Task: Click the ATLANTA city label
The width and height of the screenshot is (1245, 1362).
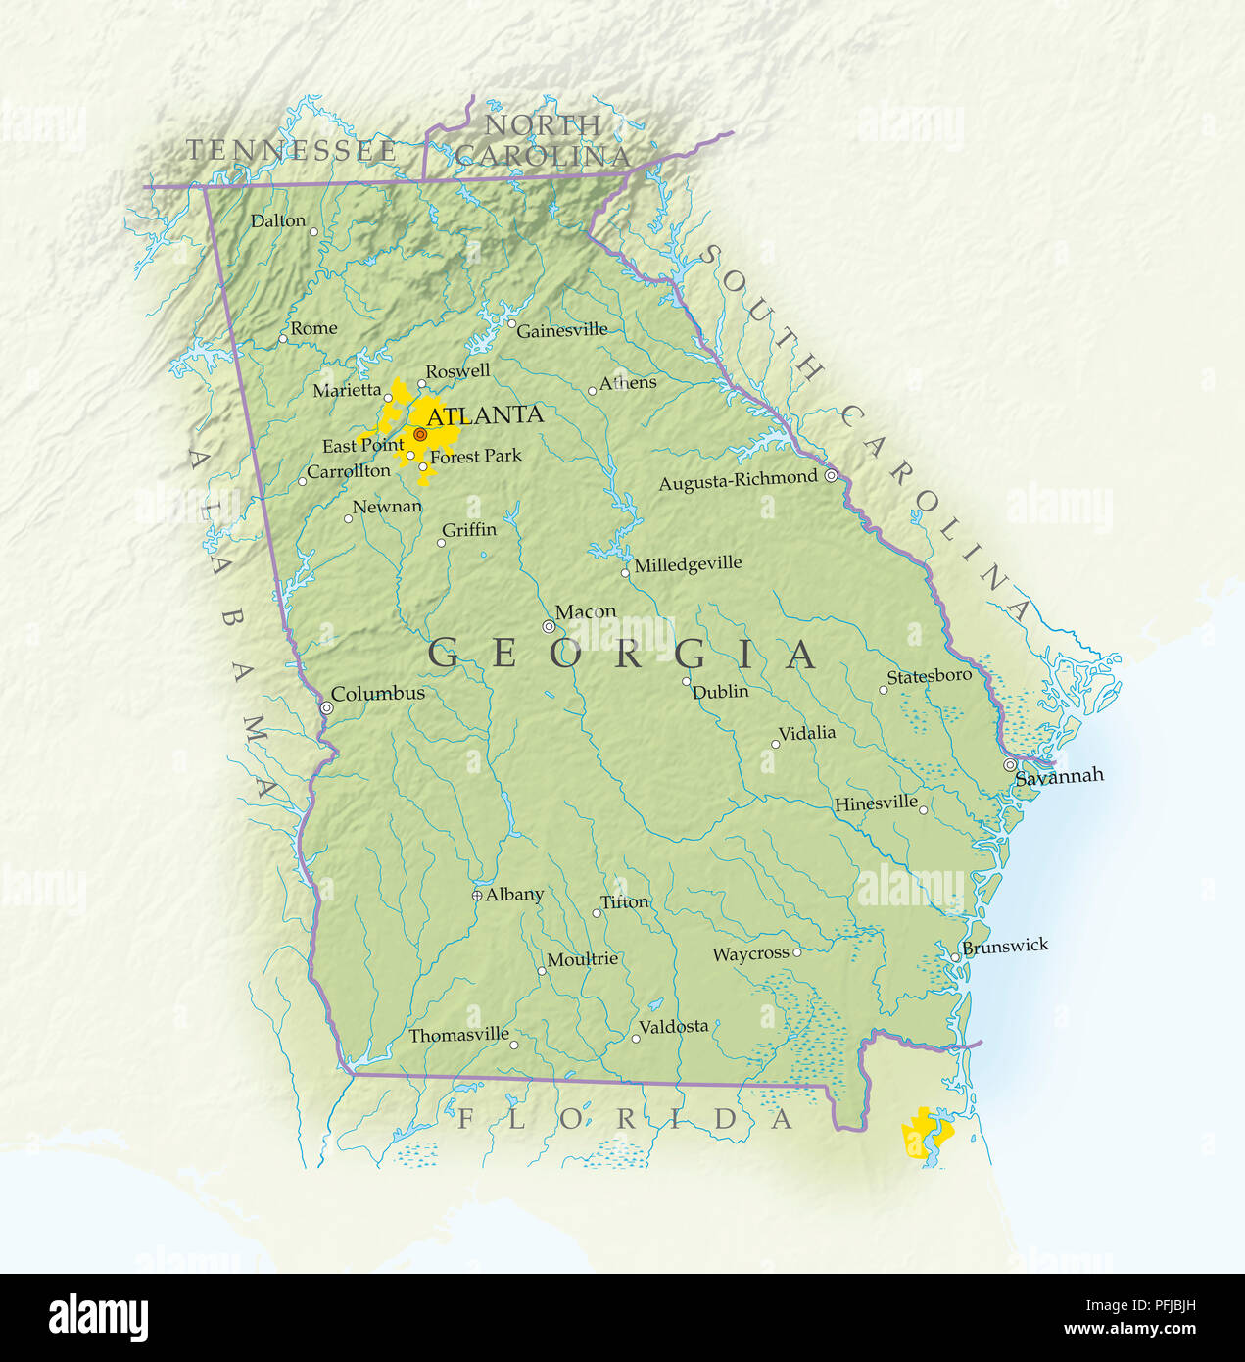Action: click(485, 415)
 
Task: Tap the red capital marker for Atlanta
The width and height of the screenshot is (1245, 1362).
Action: click(419, 434)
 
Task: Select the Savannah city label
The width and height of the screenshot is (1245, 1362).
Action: click(1059, 777)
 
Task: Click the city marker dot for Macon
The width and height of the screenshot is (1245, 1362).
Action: click(549, 626)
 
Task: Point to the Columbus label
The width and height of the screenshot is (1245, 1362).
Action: click(378, 694)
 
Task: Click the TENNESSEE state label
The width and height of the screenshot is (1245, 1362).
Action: click(292, 151)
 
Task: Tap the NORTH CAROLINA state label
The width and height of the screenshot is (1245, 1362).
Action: click(543, 140)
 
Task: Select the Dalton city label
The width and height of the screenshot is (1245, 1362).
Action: click(278, 220)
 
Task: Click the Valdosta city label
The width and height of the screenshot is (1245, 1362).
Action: click(673, 1027)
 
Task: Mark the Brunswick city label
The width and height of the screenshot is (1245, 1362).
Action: click(1005, 947)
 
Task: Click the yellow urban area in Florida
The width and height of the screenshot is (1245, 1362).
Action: click(925, 1135)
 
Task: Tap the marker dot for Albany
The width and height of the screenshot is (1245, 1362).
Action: click(477, 895)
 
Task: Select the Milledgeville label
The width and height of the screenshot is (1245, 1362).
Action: click(688, 565)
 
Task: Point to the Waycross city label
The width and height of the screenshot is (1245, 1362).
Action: click(750, 954)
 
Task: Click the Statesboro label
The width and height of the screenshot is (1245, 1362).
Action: click(929, 676)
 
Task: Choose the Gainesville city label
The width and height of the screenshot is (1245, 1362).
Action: click(561, 331)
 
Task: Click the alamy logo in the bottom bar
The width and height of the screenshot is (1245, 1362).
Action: click(98, 1318)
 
